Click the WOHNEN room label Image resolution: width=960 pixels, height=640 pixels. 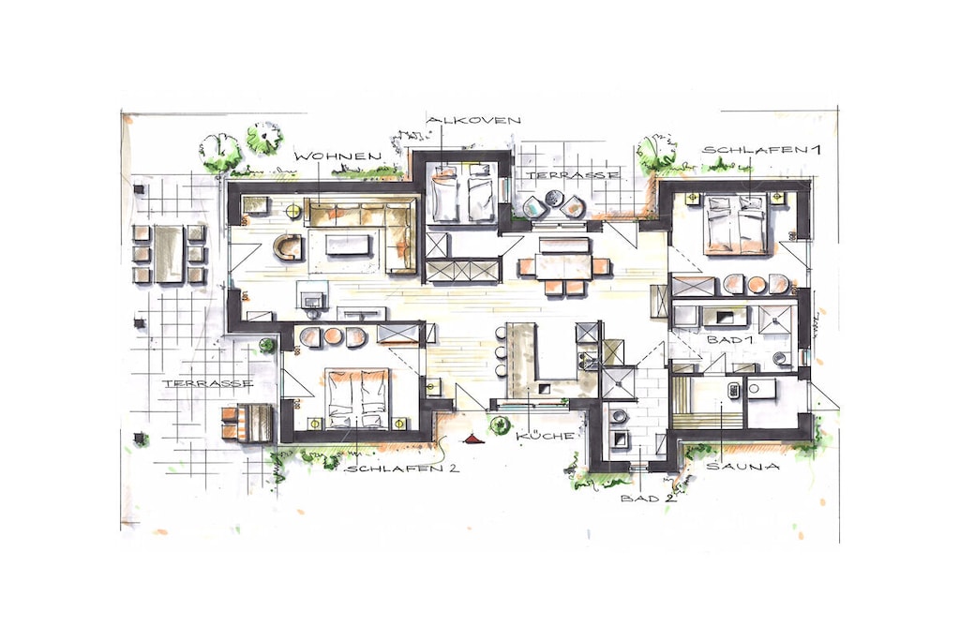[x=338, y=157]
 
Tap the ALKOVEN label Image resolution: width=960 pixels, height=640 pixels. [x=473, y=120]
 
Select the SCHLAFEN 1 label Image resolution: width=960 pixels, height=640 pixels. [x=761, y=149]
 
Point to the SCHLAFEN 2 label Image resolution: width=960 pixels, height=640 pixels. [x=402, y=469]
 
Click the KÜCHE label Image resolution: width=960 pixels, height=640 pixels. [x=546, y=436]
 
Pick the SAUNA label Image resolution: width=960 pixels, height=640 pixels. [x=743, y=467]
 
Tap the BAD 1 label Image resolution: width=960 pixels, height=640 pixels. [x=729, y=339]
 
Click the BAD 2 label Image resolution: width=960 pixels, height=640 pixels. [x=649, y=499]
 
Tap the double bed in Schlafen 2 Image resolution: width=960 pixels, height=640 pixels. [x=358, y=397]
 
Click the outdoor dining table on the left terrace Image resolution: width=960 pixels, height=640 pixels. [x=168, y=253]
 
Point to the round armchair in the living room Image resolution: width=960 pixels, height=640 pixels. [x=289, y=247]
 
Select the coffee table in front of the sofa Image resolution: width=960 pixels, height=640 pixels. [x=349, y=246]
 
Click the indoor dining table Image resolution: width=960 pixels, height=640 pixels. [x=563, y=267]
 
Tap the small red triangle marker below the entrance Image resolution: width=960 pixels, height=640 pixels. [x=472, y=438]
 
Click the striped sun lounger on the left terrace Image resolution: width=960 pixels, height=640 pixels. [x=247, y=423]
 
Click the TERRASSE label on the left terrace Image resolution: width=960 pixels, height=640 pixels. [x=207, y=383]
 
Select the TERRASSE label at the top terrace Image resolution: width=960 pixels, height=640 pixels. [x=573, y=175]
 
